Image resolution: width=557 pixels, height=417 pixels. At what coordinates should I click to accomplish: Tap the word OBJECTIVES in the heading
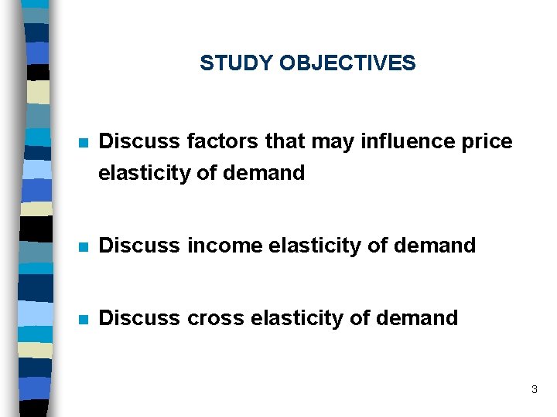(x=347, y=63)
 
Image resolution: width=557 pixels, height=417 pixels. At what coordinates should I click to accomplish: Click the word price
(x=487, y=142)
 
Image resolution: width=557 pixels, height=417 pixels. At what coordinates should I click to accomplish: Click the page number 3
(x=534, y=390)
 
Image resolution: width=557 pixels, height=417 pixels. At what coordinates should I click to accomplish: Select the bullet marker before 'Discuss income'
(x=84, y=247)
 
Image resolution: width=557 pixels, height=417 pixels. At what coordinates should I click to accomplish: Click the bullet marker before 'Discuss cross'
(x=84, y=319)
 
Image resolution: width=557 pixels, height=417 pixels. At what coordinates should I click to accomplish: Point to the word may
(x=331, y=142)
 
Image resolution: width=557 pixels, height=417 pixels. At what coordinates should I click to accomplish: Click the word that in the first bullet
(x=285, y=142)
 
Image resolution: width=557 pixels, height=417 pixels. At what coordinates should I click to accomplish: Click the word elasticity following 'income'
(x=315, y=246)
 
